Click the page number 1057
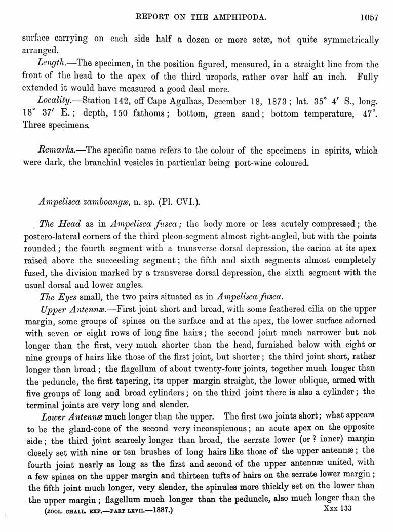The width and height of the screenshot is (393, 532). click(x=369, y=17)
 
